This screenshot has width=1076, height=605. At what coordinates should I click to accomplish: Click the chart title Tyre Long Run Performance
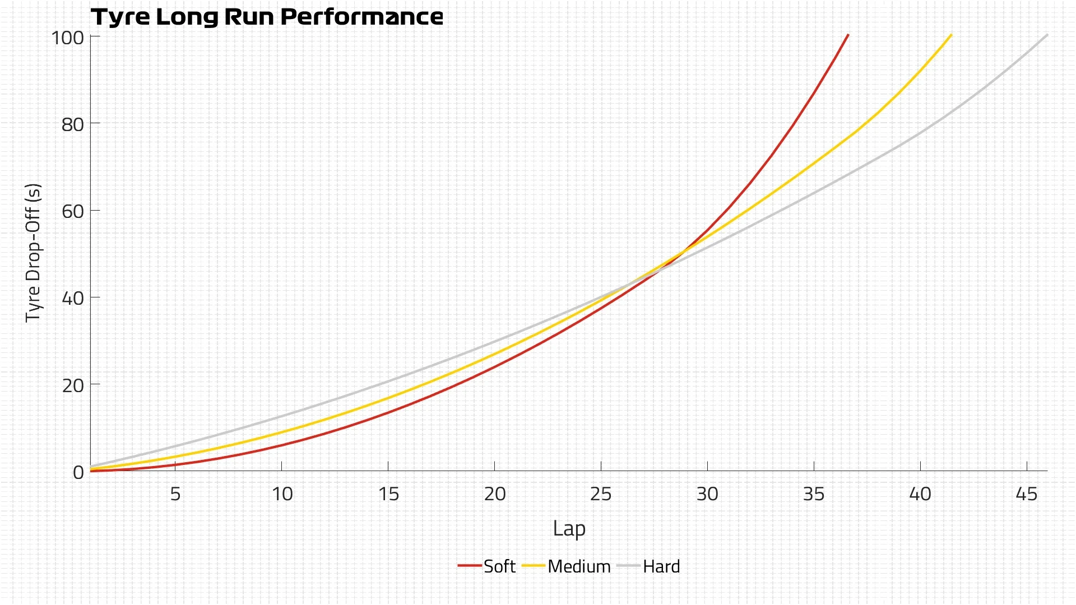pos(267,17)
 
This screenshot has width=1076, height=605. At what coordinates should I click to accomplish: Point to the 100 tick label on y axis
pos(68,38)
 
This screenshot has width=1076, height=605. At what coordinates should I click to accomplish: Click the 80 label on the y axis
pos(73,124)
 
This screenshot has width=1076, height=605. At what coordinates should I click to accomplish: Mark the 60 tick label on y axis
pos(73,211)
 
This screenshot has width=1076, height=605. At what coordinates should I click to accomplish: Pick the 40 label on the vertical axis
pos(73,298)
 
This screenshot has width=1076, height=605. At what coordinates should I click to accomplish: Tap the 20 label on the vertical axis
pos(73,385)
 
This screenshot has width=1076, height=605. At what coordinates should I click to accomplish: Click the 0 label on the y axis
pos(78,472)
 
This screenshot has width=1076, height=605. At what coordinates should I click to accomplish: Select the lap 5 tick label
pos(175,494)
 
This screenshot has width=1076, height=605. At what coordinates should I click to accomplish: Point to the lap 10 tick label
pos(282,494)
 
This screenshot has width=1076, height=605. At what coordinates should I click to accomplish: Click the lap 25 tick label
pos(601,494)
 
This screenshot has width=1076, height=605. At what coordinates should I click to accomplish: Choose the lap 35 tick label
pos(814,494)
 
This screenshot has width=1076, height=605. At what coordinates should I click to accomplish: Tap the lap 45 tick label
pos(1027,494)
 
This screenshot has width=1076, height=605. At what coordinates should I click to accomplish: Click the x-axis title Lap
pos(569,528)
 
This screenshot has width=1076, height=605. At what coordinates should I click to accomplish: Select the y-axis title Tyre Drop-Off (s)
pos(33,253)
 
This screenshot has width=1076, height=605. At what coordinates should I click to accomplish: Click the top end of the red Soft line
pos(847,35)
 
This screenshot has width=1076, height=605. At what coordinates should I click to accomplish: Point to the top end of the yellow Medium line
pos(951,35)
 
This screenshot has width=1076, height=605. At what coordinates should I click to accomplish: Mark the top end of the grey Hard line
pos(1046,35)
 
